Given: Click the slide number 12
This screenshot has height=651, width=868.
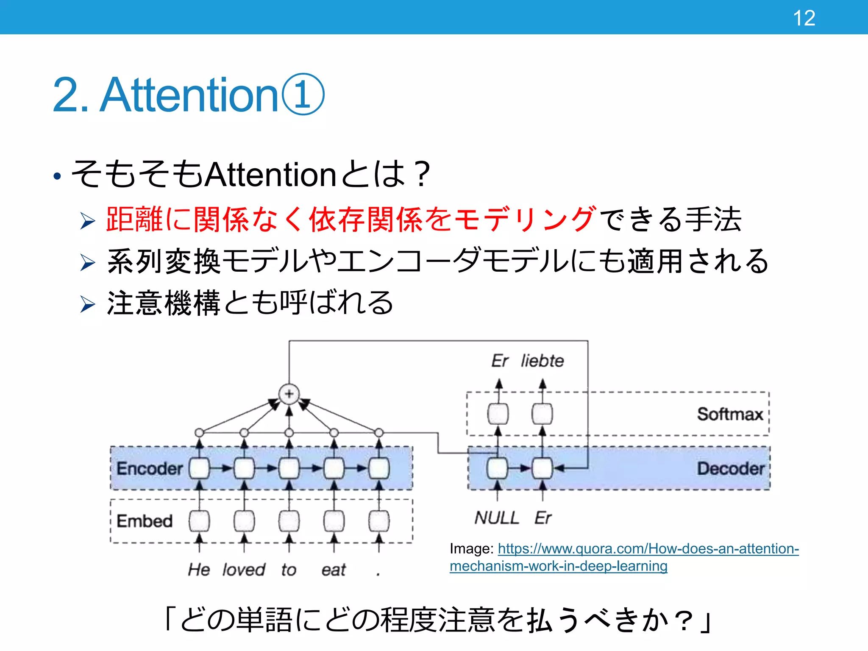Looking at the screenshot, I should click(804, 18).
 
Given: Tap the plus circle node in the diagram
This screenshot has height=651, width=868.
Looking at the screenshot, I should click(289, 394).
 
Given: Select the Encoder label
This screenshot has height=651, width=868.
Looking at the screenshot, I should click(150, 468).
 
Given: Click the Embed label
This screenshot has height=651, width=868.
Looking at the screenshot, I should click(145, 521).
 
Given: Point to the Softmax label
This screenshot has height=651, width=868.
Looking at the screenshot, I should click(730, 414).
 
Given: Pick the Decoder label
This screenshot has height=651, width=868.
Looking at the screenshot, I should click(731, 468).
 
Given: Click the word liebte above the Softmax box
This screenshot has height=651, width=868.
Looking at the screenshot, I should click(542, 361).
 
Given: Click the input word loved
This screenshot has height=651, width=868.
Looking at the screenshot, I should click(244, 570).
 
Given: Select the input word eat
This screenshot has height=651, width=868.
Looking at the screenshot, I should click(334, 570).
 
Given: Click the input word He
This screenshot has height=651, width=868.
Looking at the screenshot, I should click(199, 570).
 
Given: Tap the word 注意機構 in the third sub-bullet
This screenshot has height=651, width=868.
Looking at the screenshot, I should click(164, 303).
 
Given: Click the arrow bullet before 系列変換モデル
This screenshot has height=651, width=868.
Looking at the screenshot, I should click(88, 262).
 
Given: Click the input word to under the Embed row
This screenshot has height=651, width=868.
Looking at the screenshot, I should click(289, 570).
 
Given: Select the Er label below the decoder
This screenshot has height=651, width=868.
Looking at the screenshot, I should click(543, 517).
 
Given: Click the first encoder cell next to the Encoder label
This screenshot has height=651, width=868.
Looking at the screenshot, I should click(200, 468).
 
